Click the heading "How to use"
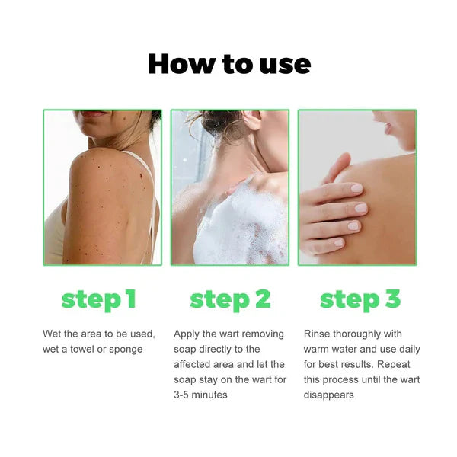(x=228, y=63)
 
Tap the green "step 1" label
(x=99, y=299)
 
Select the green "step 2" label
(x=230, y=299)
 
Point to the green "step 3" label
(x=360, y=299)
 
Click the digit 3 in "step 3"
(x=391, y=299)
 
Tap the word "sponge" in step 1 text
(x=125, y=349)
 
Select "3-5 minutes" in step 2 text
(x=200, y=395)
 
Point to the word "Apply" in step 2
(x=187, y=334)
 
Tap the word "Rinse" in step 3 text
(x=317, y=334)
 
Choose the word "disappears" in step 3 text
(x=328, y=395)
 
